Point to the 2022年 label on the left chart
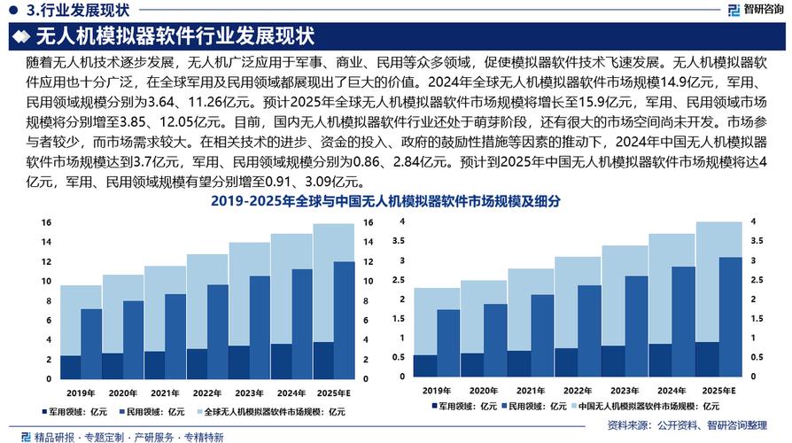[x=206, y=392]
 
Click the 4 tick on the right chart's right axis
[x=754, y=221]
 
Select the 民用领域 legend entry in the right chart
[x=531, y=406]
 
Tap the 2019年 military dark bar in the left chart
[x=70, y=368]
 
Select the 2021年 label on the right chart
[x=529, y=391]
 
